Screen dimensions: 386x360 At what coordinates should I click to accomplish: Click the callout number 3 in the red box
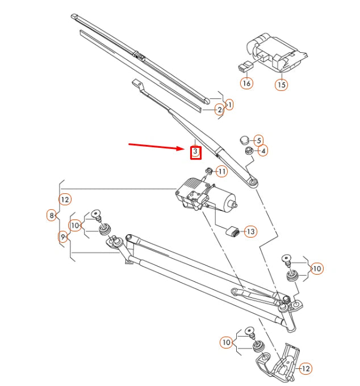[195, 152]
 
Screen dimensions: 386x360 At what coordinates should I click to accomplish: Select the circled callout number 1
[229, 105]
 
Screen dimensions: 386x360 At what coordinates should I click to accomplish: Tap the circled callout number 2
[219, 110]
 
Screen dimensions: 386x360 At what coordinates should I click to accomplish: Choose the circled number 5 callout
[258, 140]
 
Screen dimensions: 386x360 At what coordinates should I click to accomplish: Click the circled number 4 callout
[262, 151]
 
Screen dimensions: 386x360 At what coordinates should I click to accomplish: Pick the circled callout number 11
[221, 171]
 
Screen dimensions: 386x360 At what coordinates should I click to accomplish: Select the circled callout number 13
[250, 231]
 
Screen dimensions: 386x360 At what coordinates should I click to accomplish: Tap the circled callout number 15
[282, 85]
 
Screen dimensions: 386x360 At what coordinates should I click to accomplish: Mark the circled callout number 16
[246, 84]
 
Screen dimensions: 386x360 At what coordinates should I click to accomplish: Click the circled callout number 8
[52, 215]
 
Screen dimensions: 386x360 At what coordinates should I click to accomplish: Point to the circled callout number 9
[62, 236]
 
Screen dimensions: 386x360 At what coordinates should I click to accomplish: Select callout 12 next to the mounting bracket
[305, 368]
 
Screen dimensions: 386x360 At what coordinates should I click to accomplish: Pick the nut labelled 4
[248, 151]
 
